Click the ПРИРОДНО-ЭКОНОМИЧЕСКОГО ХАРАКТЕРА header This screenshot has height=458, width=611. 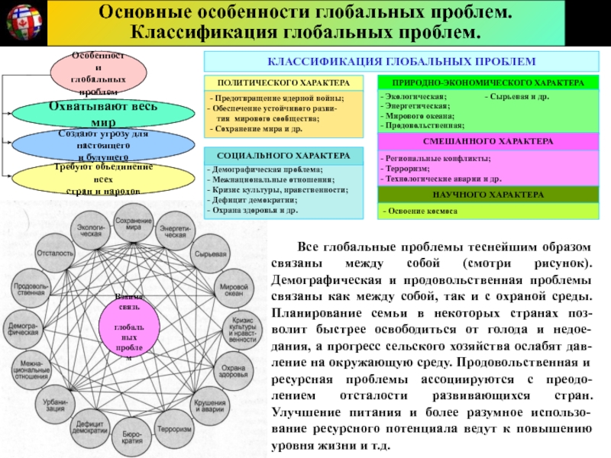point(488,82)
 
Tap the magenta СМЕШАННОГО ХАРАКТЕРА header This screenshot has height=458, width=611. point(488,143)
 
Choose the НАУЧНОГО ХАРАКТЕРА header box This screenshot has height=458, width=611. point(488,195)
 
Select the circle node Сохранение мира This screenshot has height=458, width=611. point(128,224)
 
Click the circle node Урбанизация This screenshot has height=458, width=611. point(56,405)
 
